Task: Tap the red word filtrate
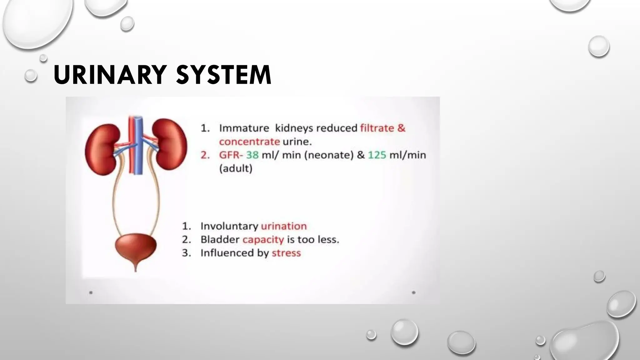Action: point(377,128)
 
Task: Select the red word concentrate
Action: point(249,142)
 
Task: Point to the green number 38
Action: point(252,155)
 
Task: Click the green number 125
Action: point(377,155)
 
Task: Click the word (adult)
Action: point(236,169)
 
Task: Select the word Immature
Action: point(244,128)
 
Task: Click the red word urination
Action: point(284,226)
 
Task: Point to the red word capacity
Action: point(263,240)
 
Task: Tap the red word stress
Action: point(286,253)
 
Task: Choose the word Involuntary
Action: point(229,226)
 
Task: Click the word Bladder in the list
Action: point(220,240)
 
